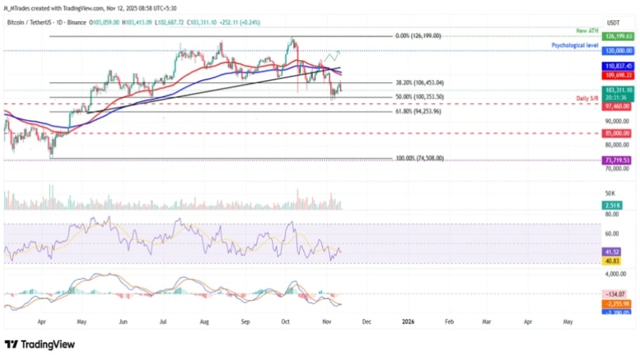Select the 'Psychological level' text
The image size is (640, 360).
[x=574, y=45]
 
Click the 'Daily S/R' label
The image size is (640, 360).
[x=588, y=99]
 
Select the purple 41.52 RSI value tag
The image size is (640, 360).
[x=612, y=251]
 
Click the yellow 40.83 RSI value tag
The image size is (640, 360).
[x=612, y=260]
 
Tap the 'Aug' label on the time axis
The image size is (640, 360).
[x=205, y=321]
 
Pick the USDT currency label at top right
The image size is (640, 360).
[x=613, y=22]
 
